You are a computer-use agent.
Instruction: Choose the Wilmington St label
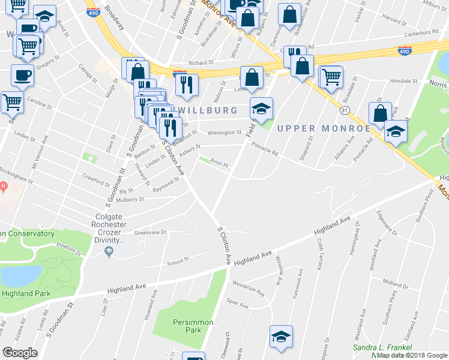[x=224, y=133]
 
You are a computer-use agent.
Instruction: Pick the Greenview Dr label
[x=150, y=232]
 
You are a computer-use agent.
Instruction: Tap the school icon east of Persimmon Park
[x=281, y=338]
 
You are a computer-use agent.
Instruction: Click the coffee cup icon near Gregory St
[x=22, y=76]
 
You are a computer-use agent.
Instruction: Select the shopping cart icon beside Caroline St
[x=13, y=103]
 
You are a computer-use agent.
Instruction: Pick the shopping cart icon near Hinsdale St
[x=331, y=77]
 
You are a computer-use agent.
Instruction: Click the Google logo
[x=20, y=353]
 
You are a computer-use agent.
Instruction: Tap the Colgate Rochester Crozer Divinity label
[x=109, y=228]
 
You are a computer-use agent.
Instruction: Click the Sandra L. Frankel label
[x=382, y=347]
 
